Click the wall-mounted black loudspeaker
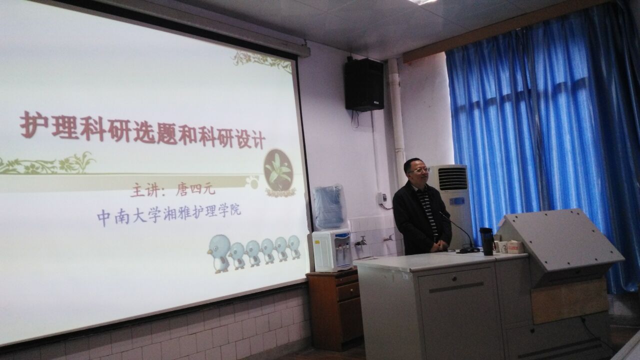pyautogui.click(x=364, y=85)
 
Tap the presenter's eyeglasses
pyautogui.click(x=419, y=170)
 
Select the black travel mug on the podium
pyautogui.click(x=487, y=241)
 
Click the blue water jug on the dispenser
pyautogui.click(x=329, y=207)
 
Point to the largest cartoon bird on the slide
pyautogui.click(x=219, y=253)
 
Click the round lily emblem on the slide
pyautogui.click(x=278, y=170)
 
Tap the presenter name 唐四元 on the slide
pyautogui.click(x=195, y=189)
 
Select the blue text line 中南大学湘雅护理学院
pyautogui.click(x=169, y=215)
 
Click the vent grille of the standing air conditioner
pyautogui.click(x=453, y=178)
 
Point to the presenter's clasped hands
pyautogui.click(x=439, y=245)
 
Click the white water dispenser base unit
pyautogui.click(x=332, y=249)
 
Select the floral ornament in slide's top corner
pyautogui.click(x=261, y=60)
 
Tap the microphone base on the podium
pyautogui.click(x=468, y=250)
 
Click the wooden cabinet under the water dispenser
pyautogui.click(x=333, y=310)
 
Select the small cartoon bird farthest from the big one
pyautogui.click(x=294, y=246)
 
